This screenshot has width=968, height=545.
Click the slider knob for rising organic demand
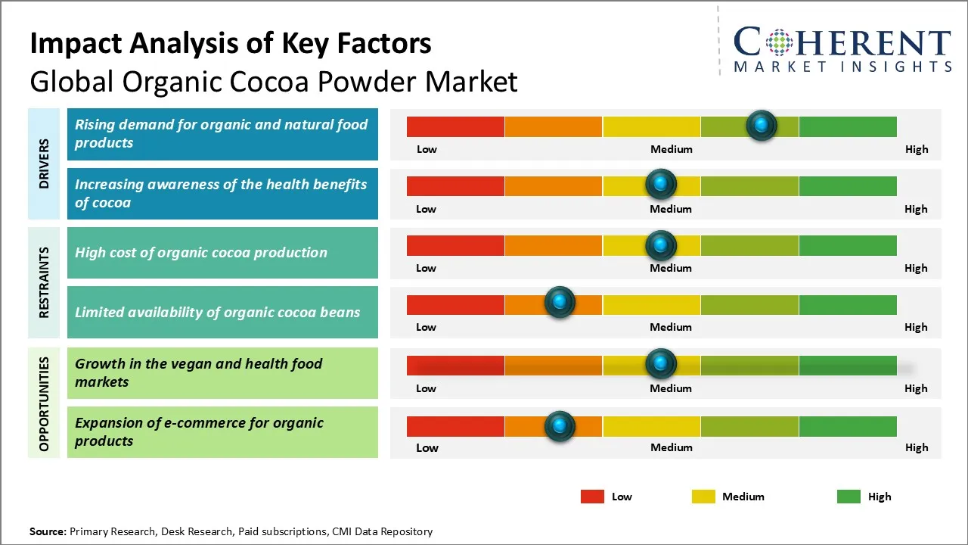tap(762, 125)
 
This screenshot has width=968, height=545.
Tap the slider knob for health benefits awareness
tap(661, 184)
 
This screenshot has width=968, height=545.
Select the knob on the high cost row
tap(661, 244)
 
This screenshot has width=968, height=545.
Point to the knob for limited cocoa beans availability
tap(560, 302)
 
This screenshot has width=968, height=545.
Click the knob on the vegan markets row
tap(661, 364)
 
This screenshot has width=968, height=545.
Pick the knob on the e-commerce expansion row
tap(560, 426)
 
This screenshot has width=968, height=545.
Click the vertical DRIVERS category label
tap(44, 163)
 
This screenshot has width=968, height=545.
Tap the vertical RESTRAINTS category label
tap(44, 282)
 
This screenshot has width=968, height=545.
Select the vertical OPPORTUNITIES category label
tap(44, 403)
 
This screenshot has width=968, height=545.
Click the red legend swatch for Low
tap(592, 497)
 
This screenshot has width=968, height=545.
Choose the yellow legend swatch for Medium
tap(703, 497)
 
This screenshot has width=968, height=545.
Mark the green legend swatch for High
tap(849, 497)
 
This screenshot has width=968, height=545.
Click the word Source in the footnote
tap(48, 531)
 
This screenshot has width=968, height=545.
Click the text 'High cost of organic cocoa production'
tap(201, 253)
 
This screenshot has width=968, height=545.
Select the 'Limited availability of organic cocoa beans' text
tap(217, 312)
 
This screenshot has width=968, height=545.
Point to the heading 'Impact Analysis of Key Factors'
tap(231, 44)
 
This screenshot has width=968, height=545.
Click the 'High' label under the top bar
tap(916, 149)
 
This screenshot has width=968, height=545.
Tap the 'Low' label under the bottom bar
tap(427, 447)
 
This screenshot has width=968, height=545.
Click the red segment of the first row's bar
tap(455, 126)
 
